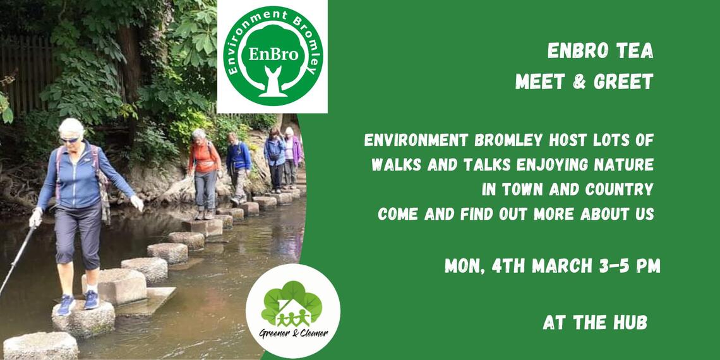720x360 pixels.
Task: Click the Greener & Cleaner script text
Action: [x=294, y=333]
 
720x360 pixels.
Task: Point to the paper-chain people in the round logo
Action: [x=292, y=317]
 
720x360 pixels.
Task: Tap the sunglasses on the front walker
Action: [x=69, y=139]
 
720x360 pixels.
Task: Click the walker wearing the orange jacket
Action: [x=205, y=173]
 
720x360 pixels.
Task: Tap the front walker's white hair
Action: [x=71, y=127]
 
